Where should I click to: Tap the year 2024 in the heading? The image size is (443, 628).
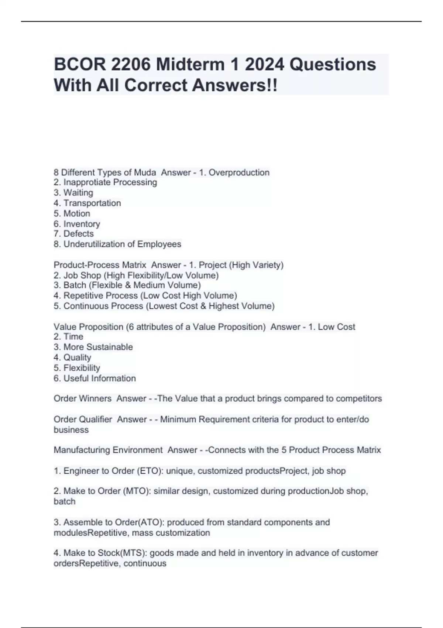click(x=264, y=65)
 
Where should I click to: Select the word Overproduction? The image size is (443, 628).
click(x=239, y=173)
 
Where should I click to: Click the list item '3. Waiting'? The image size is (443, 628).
click(x=73, y=193)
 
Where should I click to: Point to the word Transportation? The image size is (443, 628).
click(x=92, y=203)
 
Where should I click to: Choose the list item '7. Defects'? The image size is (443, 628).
click(x=73, y=234)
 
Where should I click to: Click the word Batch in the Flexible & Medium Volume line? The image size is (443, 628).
click(x=75, y=285)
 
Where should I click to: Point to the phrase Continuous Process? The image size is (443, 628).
click(x=103, y=306)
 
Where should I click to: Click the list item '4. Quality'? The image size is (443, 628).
click(x=72, y=358)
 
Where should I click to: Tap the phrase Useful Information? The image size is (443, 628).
click(x=100, y=378)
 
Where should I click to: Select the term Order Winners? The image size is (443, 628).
click(x=82, y=399)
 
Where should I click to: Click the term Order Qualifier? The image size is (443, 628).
click(x=83, y=419)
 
